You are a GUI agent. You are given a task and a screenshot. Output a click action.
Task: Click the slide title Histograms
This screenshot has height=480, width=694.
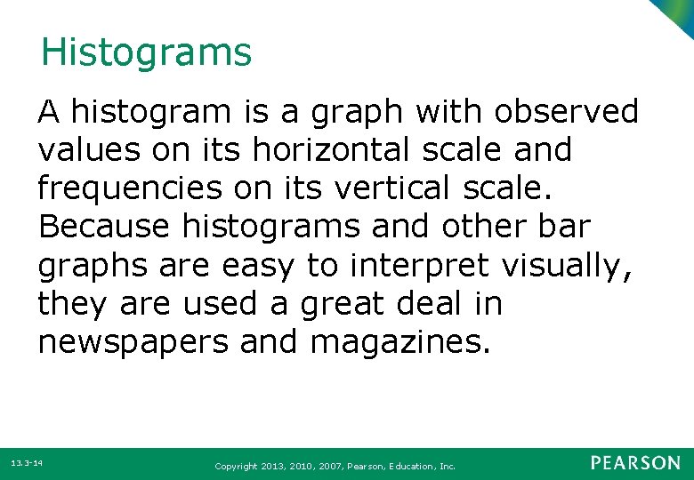[146, 52]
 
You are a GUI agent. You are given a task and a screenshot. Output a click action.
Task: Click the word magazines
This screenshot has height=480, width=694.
[399, 342]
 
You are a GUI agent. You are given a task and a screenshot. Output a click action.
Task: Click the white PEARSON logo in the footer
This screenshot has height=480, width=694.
[634, 463]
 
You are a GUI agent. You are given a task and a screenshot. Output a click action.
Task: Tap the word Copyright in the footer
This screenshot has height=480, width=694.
[236, 466]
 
